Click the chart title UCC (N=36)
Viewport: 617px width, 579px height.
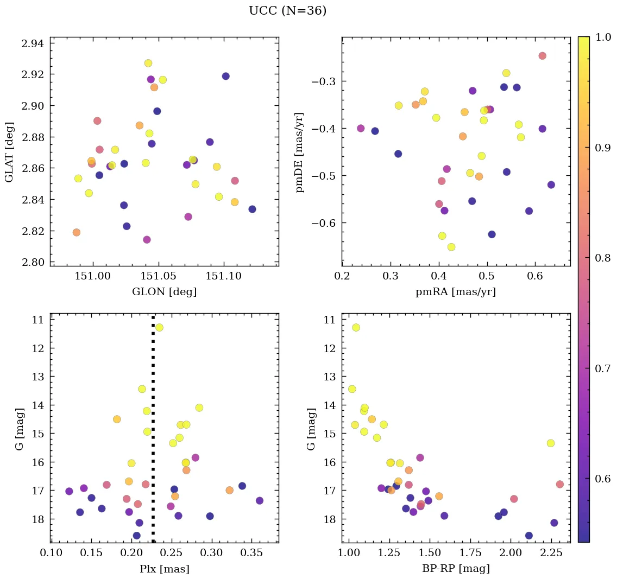(287, 11)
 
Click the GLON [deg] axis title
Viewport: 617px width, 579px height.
(164, 292)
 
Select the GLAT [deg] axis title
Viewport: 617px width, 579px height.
(9, 151)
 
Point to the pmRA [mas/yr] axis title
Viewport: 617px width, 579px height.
(456, 292)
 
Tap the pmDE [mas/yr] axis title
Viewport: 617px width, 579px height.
(299, 152)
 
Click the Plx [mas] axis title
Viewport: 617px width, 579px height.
(164, 569)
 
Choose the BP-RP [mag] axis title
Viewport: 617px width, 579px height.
(456, 569)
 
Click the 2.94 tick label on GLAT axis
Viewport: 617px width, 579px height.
(33, 43)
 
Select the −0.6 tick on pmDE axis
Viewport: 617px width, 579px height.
(324, 223)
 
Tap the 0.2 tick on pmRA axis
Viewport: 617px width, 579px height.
(342, 276)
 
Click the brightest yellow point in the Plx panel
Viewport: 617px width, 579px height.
(159, 327)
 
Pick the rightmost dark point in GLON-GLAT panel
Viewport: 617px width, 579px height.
(252, 209)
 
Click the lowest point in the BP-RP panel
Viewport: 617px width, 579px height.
(528, 536)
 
